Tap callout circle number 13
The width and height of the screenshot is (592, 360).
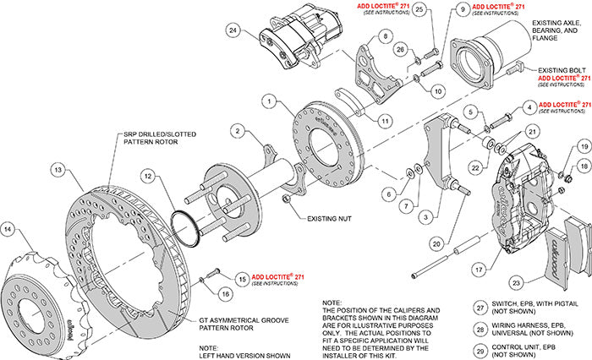coord(58,171)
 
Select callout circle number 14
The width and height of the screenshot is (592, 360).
coord(9,228)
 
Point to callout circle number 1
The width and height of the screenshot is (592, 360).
coord(269,101)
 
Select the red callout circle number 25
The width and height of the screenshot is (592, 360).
coord(420,9)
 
